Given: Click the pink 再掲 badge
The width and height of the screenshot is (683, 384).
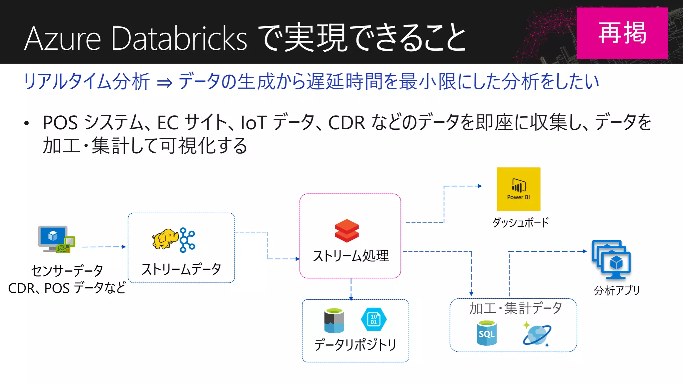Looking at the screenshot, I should click(622, 33).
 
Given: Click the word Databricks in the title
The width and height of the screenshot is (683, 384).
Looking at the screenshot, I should click(179, 39).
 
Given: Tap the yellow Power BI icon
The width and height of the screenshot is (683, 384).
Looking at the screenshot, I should click(518, 189).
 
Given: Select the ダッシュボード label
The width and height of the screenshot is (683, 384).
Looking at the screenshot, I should click(520, 223).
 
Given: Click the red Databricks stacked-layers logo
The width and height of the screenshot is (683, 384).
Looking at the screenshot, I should click(347, 231).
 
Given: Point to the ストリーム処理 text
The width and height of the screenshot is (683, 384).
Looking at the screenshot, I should click(351, 256).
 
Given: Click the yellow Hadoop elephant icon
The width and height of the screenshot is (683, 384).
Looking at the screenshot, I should click(165, 239).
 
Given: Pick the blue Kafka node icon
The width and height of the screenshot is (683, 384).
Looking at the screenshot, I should click(187, 240).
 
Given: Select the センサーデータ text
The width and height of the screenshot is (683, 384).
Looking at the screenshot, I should click(67, 271).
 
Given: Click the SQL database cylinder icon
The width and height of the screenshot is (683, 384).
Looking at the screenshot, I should click(487, 333).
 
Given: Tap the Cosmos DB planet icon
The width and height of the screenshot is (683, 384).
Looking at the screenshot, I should click(537, 334).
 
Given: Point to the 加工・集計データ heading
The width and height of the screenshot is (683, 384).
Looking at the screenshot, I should click(515, 308).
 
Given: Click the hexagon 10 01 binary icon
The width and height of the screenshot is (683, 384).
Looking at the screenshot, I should click(374, 319).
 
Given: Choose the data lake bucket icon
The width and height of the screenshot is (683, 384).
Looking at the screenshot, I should click(334, 321).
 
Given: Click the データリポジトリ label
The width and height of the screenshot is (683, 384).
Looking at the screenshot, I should click(355, 345).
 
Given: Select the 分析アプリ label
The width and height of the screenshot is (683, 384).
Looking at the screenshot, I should click(617, 290).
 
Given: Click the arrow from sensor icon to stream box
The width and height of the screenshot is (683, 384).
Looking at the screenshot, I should click(104, 247).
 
